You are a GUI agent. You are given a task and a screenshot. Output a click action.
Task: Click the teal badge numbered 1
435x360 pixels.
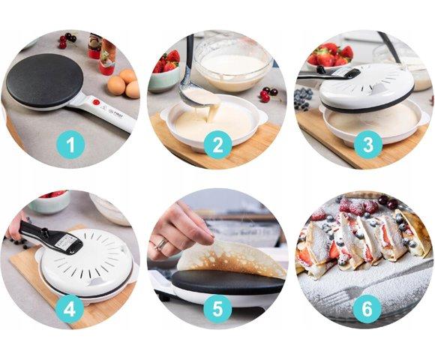point(70,145)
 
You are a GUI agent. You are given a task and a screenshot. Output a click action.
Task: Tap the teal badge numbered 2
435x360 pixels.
point(217,145)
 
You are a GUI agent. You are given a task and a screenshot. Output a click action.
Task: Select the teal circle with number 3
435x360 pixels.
point(368,145)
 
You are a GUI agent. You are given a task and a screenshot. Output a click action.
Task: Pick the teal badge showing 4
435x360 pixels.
point(69,309)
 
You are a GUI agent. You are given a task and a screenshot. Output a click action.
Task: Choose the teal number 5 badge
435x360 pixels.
point(217,309)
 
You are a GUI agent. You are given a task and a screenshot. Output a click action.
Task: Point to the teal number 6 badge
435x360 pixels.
point(367,309)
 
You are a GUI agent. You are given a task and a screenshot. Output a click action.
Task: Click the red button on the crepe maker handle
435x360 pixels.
point(96,102)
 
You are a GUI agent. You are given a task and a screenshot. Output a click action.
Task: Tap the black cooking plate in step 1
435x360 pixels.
point(45,80)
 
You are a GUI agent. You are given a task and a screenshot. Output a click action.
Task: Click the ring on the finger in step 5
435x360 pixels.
point(161,244)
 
